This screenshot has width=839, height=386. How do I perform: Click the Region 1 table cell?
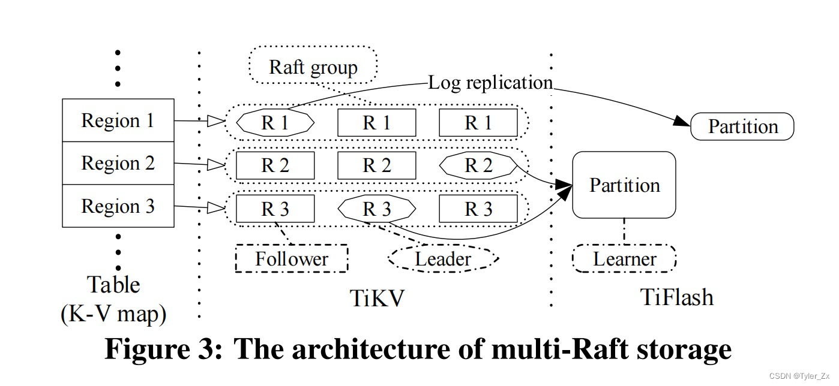coord(118,120)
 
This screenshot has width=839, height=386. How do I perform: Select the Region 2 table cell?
coord(118,163)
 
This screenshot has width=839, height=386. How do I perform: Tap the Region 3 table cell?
coord(118,206)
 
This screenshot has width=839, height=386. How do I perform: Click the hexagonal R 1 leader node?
coord(275,123)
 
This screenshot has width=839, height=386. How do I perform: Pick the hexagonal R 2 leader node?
coord(478,165)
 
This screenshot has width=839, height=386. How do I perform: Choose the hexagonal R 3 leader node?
coord(377,209)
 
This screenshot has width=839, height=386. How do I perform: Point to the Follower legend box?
coord(292,258)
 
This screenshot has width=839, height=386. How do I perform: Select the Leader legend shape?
coord(443,258)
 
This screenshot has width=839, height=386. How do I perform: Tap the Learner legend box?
coord(624,258)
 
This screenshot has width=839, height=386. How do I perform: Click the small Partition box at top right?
coord(742,126)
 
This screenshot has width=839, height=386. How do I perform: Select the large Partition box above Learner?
coord(624,185)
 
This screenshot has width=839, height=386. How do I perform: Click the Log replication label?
coord(490,83)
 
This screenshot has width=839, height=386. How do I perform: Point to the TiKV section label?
coord(377,298)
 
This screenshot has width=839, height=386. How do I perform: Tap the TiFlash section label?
coord(677,297)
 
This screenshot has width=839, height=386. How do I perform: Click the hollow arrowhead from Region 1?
coord(216,121)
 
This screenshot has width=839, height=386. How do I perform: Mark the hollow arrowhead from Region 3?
coord(216,208)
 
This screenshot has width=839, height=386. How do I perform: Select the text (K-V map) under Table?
coord(113,313)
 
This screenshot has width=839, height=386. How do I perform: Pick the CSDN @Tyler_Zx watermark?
coord(799,376)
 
